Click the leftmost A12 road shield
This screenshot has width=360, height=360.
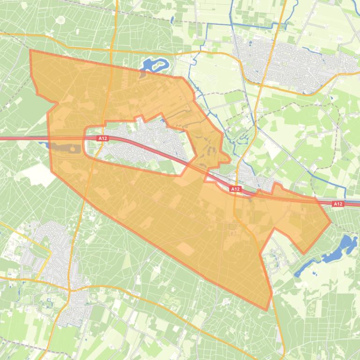(103, 138)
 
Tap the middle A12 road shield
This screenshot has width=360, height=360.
(235, 189)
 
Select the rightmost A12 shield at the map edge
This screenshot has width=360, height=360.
(338, 204)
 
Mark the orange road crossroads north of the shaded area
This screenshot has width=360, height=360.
(111, 49)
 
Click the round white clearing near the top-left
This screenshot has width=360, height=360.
(60, 20)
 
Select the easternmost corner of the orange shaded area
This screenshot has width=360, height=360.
(331, 222)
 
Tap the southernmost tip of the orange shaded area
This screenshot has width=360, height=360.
(267, 310)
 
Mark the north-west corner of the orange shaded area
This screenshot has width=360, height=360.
(31, 50)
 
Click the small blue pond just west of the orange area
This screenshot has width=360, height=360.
(48, 145)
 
